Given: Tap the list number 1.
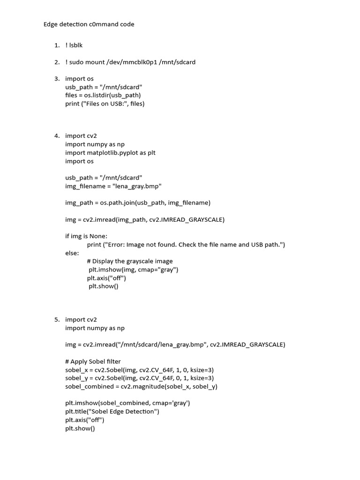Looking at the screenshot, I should (x=56, y=45).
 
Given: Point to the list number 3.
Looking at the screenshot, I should (x=56, y=79).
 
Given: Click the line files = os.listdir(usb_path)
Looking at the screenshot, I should (x=103, y=95).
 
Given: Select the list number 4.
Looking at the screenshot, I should (x=56, y=136).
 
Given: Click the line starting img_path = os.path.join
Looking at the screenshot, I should (x=138, y=203).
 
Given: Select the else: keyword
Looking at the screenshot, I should (x=72, y=253).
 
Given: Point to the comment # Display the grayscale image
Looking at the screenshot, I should (x=130, y=261).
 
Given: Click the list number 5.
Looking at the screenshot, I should (x=56, y=320).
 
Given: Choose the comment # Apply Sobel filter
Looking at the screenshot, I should (x=93, y=361).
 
